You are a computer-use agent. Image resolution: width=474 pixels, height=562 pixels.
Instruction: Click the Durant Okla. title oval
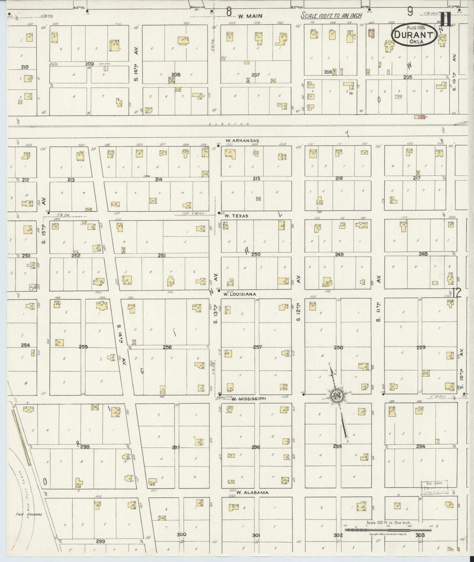(414, 34)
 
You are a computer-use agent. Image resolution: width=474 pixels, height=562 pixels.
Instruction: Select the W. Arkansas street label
(242, 141)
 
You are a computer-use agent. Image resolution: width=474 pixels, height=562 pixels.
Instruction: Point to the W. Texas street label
(236, 216)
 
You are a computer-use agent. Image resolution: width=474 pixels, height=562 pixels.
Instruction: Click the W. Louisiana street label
(239, 294)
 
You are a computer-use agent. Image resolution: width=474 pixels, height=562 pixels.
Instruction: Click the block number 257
(258, 347)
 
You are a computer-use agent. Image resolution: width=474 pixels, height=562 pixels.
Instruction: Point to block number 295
(337, 446)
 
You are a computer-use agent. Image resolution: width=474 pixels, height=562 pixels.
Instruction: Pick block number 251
(161, 255)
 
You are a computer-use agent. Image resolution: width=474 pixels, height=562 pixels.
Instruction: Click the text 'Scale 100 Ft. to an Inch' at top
(332, 16)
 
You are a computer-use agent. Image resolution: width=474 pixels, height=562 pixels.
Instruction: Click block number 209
(90, 64)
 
